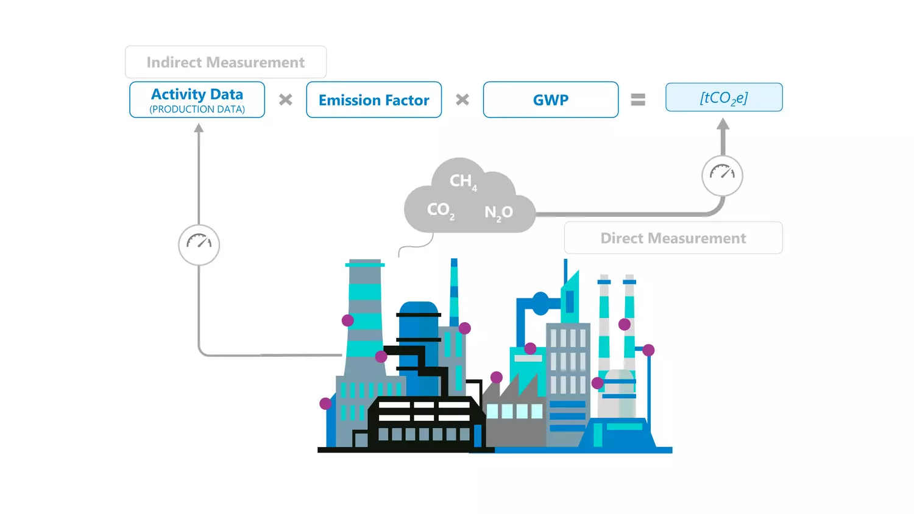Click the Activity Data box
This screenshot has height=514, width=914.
click(x=197, y=99)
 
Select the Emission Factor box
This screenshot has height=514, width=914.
click(x=374, y=100)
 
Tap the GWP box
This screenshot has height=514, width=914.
click(x=550, y=100)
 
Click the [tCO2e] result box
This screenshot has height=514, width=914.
click(x=723, y=97)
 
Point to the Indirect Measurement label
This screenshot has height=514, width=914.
click(x=225, y=62)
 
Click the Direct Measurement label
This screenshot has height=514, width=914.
click(x=673, y=238)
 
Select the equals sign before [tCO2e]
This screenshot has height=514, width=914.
click(x=638, y=100)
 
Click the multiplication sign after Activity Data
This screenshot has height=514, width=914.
click(x=285, y=100)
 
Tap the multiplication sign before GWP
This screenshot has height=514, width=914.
click(x=462, y=100)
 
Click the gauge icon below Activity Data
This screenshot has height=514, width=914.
click(x=199, y=244)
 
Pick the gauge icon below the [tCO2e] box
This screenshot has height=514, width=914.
click(x=722, y=175)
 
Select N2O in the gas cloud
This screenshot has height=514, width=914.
click(x=498, y=213)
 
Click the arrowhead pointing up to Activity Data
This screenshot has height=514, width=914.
click(x=199, y=128)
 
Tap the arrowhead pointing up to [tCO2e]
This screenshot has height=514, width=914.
click(x=723, y=124)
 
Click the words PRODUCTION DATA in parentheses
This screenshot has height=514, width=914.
click(x=197, y=110)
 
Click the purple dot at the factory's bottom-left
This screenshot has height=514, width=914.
click(x=325, y=403)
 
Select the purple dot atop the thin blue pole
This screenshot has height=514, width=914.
click(x=648, y=350)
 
